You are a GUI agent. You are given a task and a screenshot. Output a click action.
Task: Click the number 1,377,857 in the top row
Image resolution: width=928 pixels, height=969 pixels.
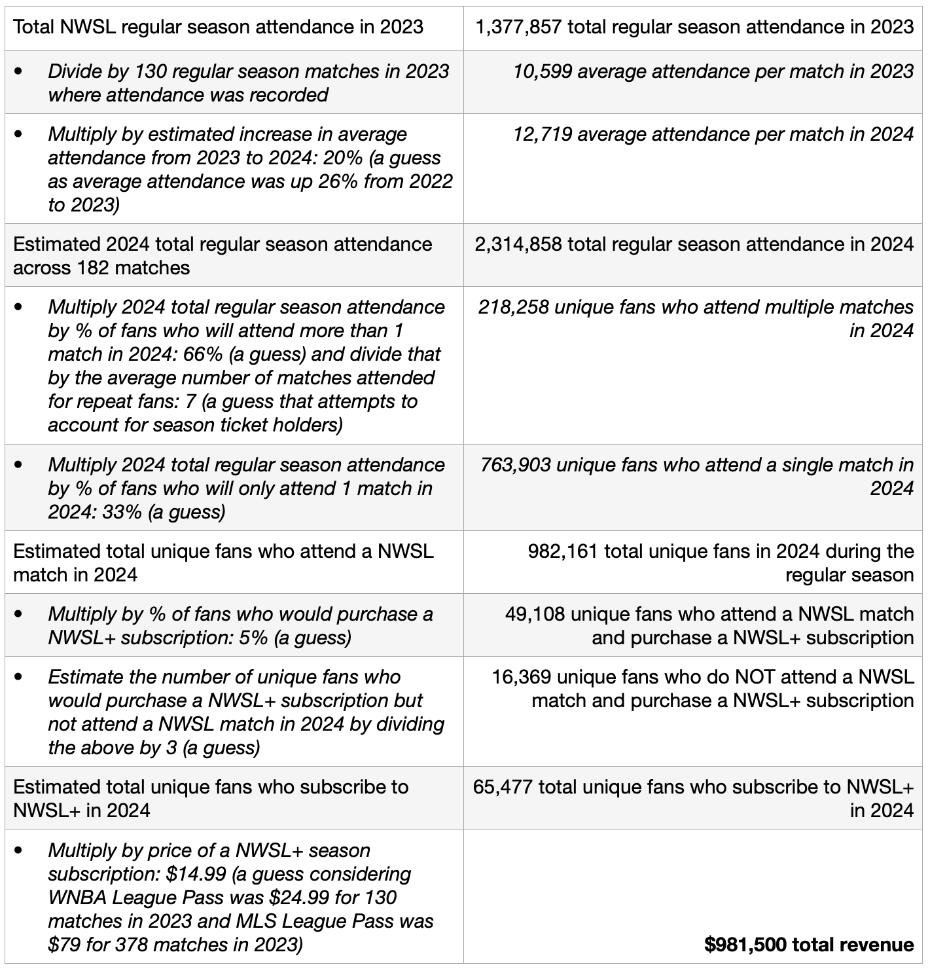tap(518, 27)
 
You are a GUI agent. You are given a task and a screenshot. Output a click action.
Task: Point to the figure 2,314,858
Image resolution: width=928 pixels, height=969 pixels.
tap(518, 244)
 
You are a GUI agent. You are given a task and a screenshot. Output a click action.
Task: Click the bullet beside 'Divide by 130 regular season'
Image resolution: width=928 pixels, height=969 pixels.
tap(18, 71)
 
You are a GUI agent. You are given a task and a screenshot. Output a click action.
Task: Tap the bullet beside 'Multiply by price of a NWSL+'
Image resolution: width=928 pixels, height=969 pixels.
tap(18, 850)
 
